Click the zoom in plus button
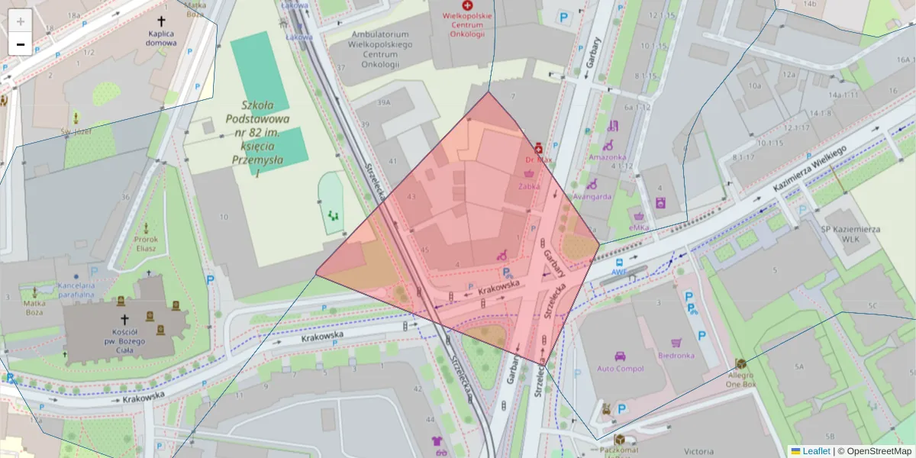[x=21, y=21]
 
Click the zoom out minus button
[x=21, y=44]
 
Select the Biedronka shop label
[x=676, y=355]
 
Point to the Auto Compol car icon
[x=620, y=356]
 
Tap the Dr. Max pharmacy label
[x=538, y=160]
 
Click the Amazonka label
[x=607, y=157]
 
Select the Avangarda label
[x=592, y=196]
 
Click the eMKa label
[x=639, y=227]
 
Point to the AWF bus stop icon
[x=618, y=263]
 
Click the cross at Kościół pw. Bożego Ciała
[x=124, y=321]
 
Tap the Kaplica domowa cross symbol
[x=161, y=22]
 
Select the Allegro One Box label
[x=740, y=379]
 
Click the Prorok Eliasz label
[x=146, y=244]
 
